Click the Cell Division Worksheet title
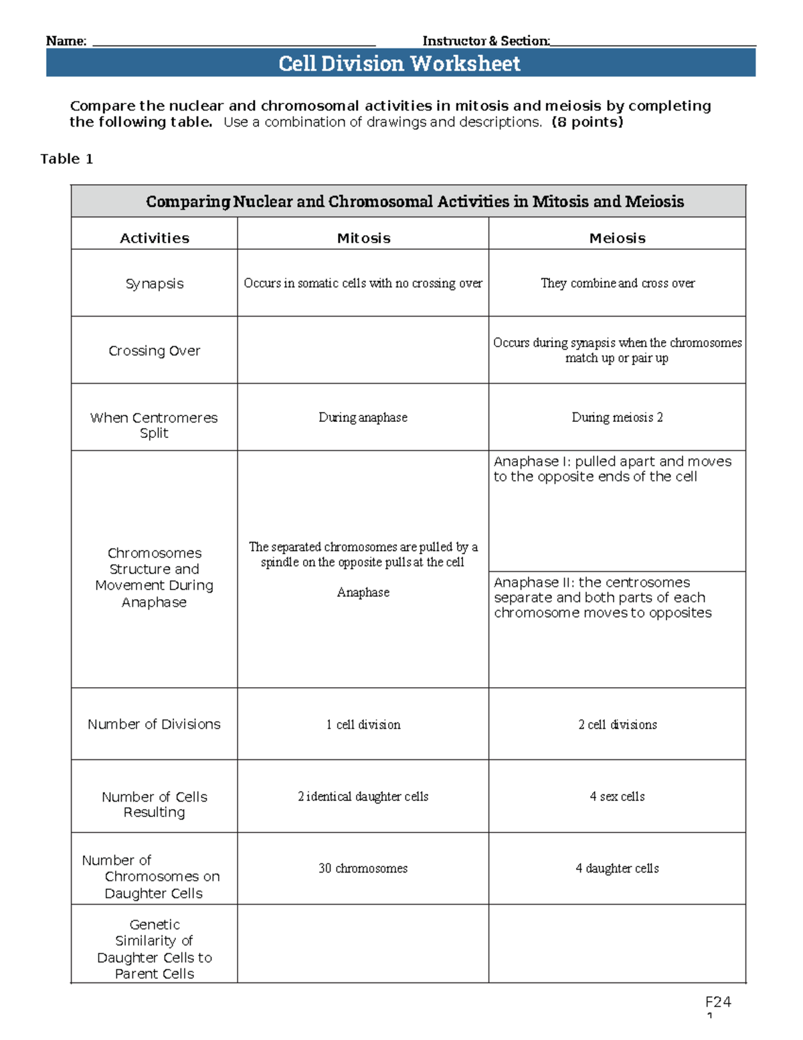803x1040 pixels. click(x=399, y=64)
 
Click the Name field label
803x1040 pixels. click(x=66, y=41)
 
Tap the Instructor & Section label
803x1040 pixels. click(x=486, y=41)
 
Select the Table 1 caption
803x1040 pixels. click(x=66, y=159)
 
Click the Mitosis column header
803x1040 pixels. click(x=363, y=238)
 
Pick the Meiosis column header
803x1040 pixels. click(x=617, y=238)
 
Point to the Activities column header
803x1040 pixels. click(x=154, y=238)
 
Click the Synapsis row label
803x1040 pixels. click(x=154, y=283)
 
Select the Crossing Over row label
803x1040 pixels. click(x=154, y=350)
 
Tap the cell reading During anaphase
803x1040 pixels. click(x=363, y=417)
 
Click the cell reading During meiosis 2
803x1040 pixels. click(x=617, y=417)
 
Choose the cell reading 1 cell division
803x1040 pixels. click(x=363, y=725)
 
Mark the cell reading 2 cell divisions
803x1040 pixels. click(x=617, y=725)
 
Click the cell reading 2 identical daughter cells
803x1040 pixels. click(x=363, y=796)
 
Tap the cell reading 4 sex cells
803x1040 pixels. click(x=617, y=796)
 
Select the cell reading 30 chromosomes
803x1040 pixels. click(x=363, y=868)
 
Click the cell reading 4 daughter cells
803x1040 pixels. click(x=617, y=868)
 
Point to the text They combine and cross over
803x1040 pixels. click(x=617, y=283)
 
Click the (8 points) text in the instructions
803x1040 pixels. click(x=587, y=122)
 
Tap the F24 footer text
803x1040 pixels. click(x=717, y=1002)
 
